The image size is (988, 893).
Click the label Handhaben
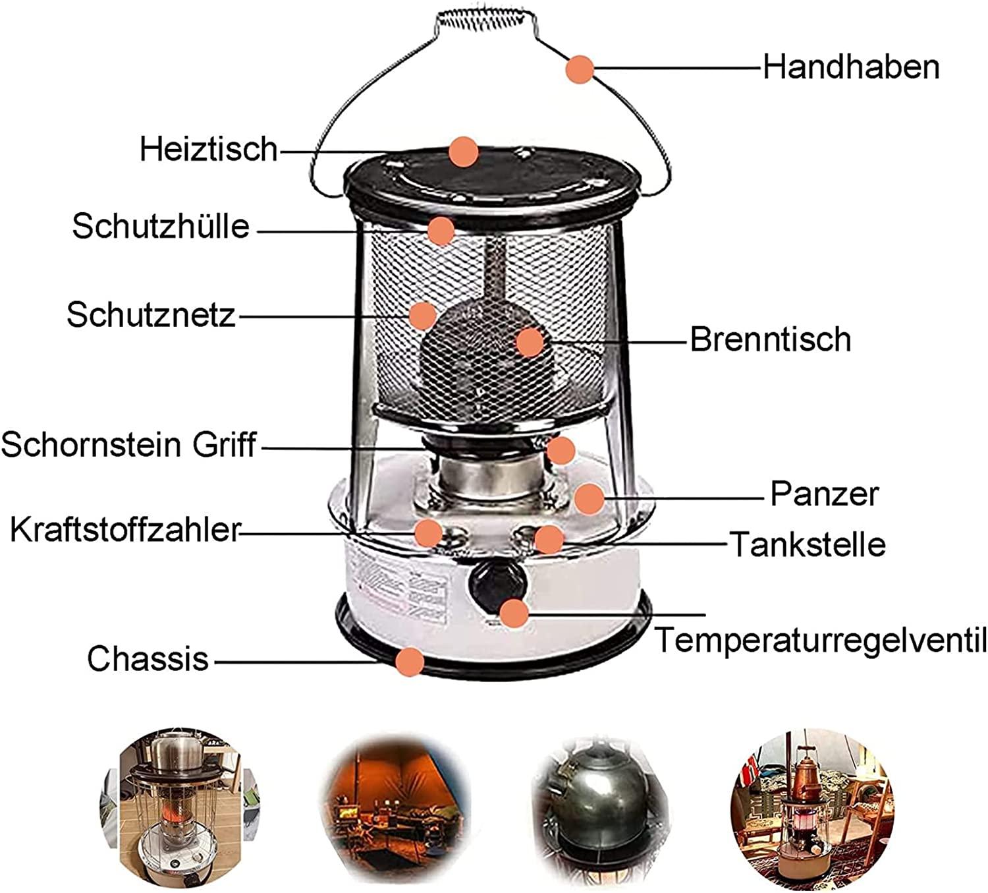click(x=851, y=67)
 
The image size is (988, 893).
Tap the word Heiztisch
click(x=209, y=149)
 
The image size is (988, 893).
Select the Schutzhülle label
click(x=161, y=227)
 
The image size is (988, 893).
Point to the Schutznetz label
click(x=151, y=315)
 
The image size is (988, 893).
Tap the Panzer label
click(x=825, y=494)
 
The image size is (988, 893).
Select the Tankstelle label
click(x=808, y=544)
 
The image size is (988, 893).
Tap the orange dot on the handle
click(x=580, y=69)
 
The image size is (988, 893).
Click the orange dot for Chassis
click(x=410, y=662)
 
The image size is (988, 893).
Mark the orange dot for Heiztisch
click(x=464, y=152)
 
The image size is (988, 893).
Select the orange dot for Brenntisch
click(x=530, y=343)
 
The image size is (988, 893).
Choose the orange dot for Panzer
click(x=589, y=498)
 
